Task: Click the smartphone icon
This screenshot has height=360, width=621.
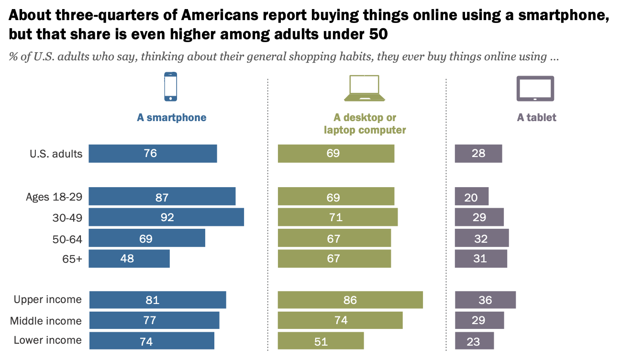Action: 170,87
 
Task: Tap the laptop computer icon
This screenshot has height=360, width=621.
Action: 365,89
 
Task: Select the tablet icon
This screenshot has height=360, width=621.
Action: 535,89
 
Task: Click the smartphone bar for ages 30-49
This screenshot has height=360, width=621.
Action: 166,217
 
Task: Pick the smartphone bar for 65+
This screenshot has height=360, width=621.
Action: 129,259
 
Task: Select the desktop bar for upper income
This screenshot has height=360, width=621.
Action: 350,300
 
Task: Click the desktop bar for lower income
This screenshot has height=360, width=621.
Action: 321,341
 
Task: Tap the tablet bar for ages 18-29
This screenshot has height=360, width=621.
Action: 471,196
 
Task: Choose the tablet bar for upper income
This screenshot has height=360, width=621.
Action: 485,300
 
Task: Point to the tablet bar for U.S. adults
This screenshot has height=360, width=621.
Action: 478,154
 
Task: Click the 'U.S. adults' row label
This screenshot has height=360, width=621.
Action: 55,154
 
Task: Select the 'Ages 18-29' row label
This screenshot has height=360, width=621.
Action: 54,197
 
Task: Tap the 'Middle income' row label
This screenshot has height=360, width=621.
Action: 46,321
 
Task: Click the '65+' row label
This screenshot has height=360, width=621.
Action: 72,259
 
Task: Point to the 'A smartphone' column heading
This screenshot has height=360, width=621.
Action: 171,118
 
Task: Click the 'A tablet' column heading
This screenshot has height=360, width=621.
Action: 536,118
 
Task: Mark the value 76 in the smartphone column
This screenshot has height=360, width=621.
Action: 150,154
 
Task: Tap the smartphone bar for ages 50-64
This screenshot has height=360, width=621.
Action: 147,238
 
